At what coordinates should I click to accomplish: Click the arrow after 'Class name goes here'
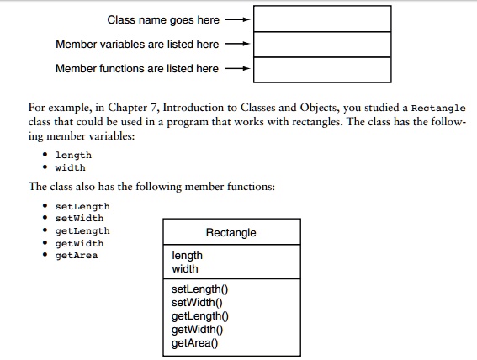pyautogui.click(x=240, y=19)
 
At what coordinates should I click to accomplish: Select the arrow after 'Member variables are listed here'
pyautogui.click(x=240, y=44)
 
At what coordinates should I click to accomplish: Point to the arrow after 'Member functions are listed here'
pyautogui.click(x=240, y=68)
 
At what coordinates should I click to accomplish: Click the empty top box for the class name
pyautogui.click(x=322, y=19)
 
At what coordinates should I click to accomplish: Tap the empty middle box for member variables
pyautogui.click(x=322, y=44)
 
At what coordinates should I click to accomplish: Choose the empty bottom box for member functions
pyautogui.click(x=322, y=69)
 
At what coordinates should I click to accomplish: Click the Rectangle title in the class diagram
pyautogui.click(x=231, y=232)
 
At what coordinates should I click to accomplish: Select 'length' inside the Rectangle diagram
pyautogui.click(x=187, y=256)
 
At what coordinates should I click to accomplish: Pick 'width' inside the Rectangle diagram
pyautogui.click(x=185, y=269)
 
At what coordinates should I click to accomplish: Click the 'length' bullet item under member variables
pyautogui.click(x=73, y=155)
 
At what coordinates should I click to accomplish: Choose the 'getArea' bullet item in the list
pyautogui.click(x=76, y=256)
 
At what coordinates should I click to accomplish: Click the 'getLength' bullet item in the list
pyautogui.click(x=82, y=231)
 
